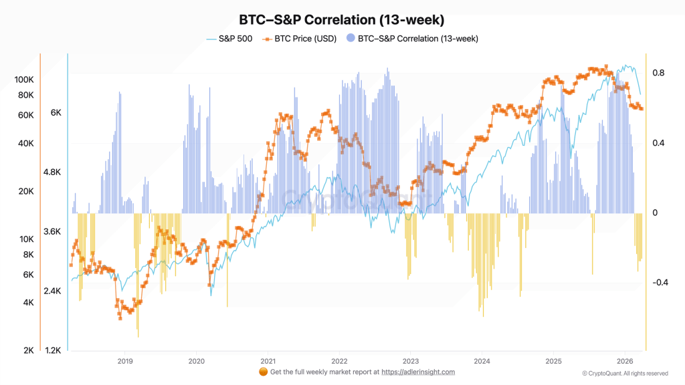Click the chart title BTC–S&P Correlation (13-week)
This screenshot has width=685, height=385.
(x=342, y=20)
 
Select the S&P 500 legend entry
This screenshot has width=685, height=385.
(x=229, y=39)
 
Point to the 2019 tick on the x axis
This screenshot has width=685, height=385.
(x=125, y=361)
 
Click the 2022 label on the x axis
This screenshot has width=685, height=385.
(x=339, y=361)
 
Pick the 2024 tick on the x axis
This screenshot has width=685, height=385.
(x=482, y=361)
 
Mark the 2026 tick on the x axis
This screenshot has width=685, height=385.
(x=624, y=361)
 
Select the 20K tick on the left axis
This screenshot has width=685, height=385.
(x=26, y=191)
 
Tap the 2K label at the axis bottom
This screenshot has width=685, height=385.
(x=28, y=350)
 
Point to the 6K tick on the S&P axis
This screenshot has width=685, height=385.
(x=56, y=113)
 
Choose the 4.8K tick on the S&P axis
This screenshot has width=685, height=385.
(x=52, y=172)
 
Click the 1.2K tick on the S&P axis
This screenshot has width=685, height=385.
(x=52, y=350)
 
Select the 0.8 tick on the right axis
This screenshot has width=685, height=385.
(x=658, y=73)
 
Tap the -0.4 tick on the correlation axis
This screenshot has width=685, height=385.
(x=660, y=282)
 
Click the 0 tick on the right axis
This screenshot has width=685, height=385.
(x=655, y=213)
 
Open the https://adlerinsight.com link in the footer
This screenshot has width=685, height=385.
(x=419, y=372)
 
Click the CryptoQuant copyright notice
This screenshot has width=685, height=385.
(x=625, y=373)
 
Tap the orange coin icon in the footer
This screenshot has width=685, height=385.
(x=262, y=372)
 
